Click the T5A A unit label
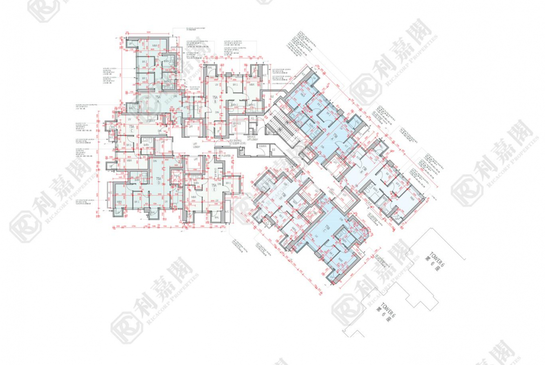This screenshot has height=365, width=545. pos(158,100)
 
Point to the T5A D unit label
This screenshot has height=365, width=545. pos(158,180)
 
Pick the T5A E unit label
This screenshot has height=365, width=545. pos(214,188)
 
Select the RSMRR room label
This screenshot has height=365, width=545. pos(263,146)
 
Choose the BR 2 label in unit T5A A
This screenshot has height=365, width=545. pos(144,78)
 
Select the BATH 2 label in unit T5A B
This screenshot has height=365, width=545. pos(235,105)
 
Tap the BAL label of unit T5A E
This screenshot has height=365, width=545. pos(216,216)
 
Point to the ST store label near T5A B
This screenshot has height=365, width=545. pos(218,132)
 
